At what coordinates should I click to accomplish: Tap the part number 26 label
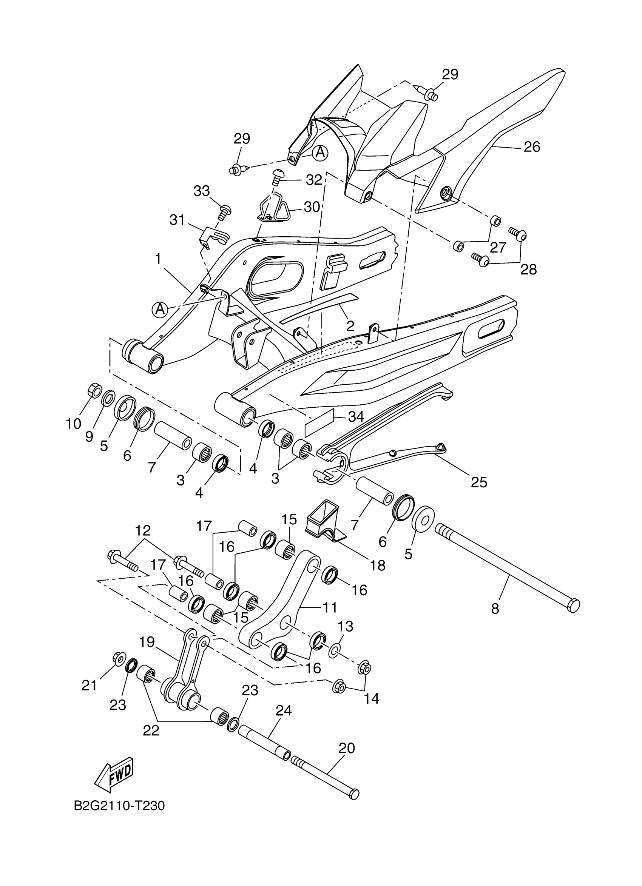tap(532, 147)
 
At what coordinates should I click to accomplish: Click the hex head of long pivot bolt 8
tap(573, 605)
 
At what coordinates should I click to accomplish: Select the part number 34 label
tap(356, 417)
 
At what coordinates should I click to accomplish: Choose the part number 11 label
tap(330, 607)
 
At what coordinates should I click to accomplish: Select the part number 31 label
tap(177, 220)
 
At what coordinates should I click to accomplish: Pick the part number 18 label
tap(378, 565)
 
